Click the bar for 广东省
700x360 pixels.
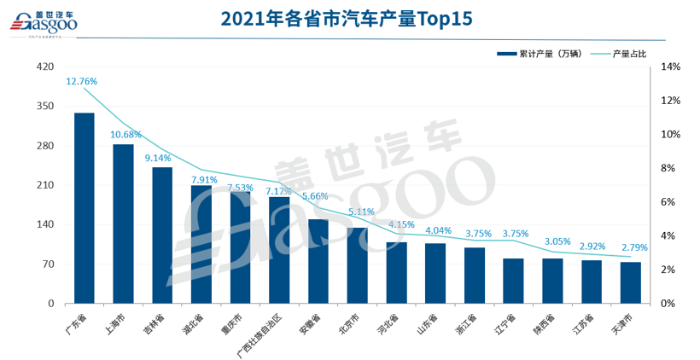(x=85, y=208)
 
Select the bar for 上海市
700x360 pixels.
(x=123, y=224)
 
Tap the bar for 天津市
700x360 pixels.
(x=631, y=282)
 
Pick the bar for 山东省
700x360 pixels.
(x=435, y=273)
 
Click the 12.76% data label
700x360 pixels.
(x=82, y=81)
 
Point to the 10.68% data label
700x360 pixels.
(x=125, y=134)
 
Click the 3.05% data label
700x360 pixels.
(x=558, y=241)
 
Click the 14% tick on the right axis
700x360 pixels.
(x=670, y=67)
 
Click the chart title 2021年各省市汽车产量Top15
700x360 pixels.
(x=346, y=18)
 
